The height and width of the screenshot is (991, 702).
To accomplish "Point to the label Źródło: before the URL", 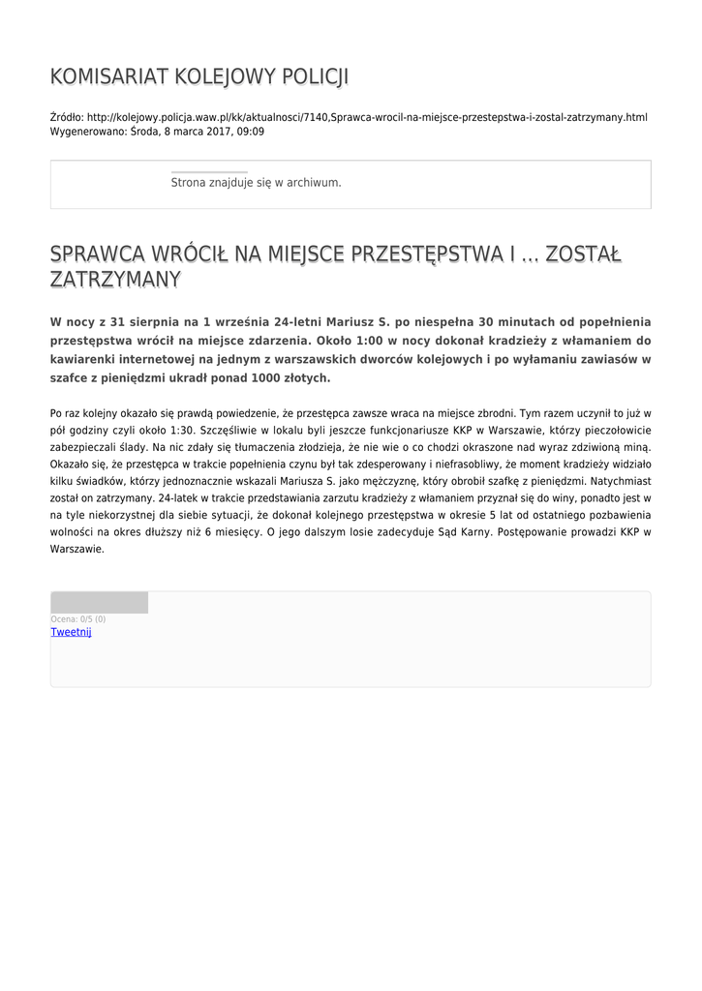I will (66, 117).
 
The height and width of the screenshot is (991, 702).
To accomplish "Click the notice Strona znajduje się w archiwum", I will (256, 182).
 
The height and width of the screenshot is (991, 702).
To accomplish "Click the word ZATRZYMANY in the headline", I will (115, 280).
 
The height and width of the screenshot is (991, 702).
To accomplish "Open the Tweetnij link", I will (71, 632).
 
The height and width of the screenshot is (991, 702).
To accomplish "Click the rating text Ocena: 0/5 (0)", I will (78, 619).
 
